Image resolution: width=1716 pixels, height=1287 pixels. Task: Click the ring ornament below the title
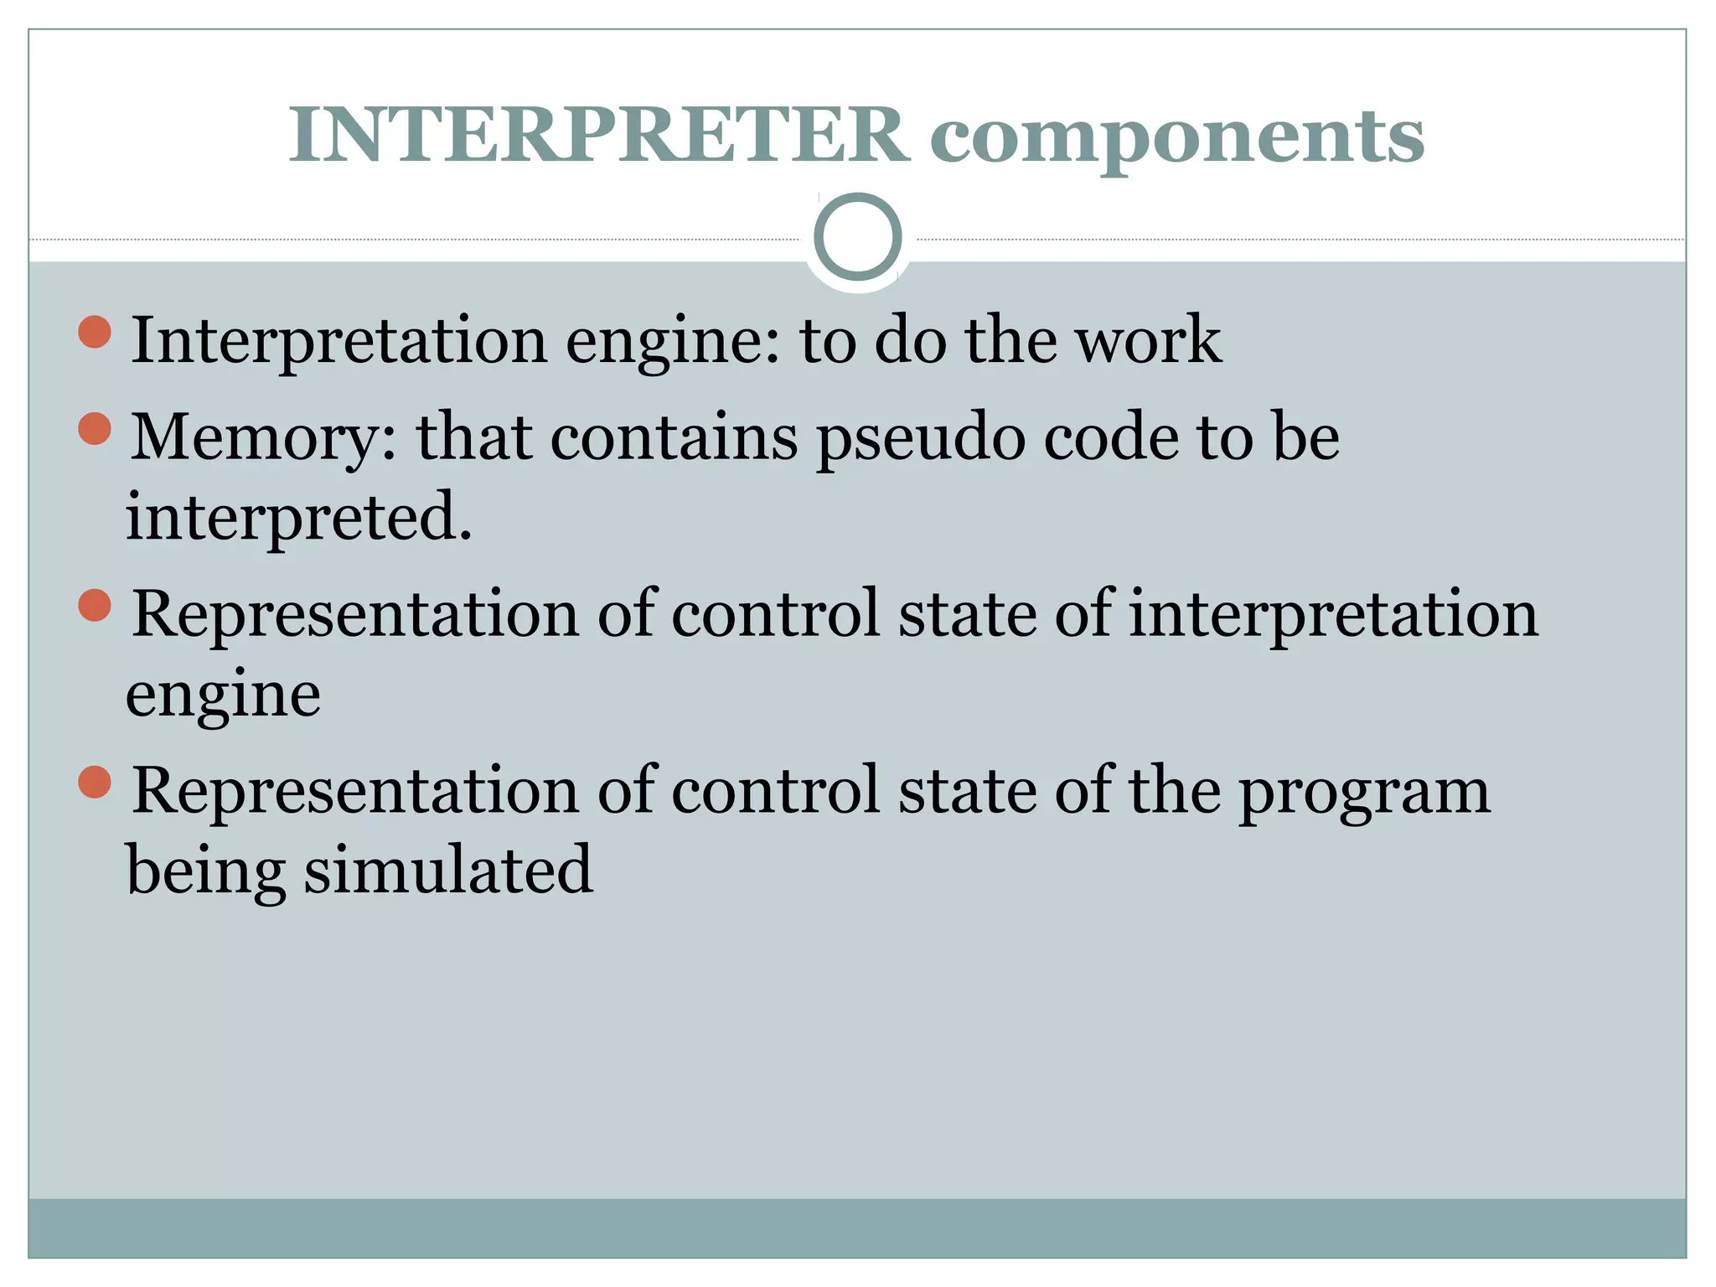pos(857,237)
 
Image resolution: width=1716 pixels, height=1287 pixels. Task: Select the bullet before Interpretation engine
pos(95,332)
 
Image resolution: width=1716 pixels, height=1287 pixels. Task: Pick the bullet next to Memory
pos(95,429)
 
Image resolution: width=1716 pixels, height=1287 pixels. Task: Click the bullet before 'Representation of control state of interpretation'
pos(95,605)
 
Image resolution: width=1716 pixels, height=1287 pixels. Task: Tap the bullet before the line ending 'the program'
pos(95,782)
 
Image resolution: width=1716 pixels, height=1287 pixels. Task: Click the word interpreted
pos(299,517)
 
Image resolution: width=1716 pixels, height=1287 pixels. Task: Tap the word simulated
pos(448,870)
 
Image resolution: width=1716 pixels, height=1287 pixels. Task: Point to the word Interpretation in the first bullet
pos(339,341)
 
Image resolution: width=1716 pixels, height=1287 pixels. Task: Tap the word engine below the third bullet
pos(223,695)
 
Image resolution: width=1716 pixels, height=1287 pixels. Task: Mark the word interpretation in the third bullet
pos(1333,615)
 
